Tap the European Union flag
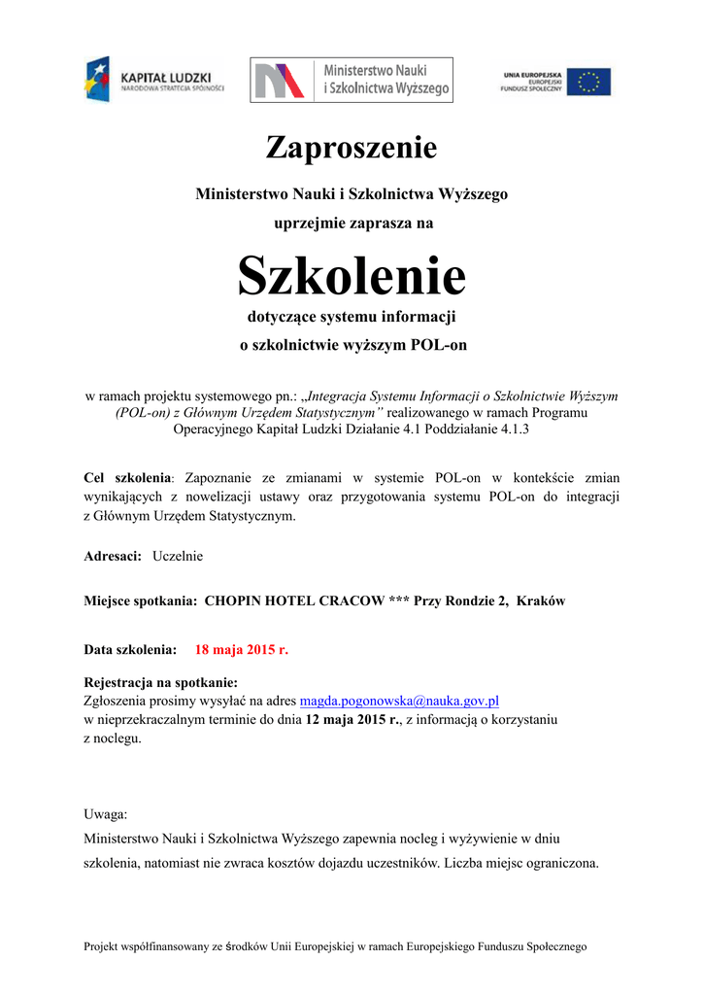tap(588, 82)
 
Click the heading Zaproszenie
tap(352, 149)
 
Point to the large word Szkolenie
tap(352, 277)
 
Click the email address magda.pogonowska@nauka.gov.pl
tap(399, 700)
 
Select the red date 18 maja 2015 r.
tap(242, 650)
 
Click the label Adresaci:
tap(114, 556)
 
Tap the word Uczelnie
tap(178, 556)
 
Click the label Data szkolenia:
tap(131, 650)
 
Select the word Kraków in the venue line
tap(541, 601)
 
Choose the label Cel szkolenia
tap(128, 478)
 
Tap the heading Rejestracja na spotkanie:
tap(161, 682)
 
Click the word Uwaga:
tap(106, 814)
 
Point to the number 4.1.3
tap(511, 429)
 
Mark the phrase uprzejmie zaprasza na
tap(352, 223)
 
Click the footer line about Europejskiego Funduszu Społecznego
tap(336, 946)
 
